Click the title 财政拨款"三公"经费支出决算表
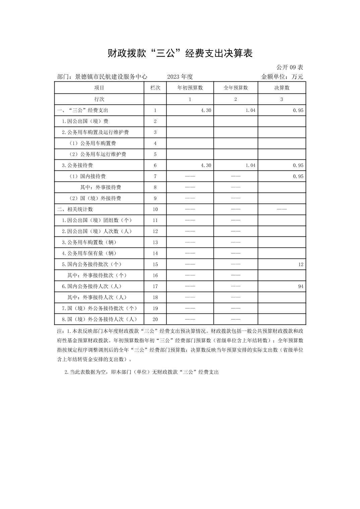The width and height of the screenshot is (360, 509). (180, 53)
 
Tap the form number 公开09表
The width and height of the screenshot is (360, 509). (290, 67)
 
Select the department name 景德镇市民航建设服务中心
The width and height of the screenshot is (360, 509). (111, 77)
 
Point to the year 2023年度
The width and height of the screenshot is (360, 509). (180, 77)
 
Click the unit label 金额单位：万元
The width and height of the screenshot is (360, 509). (282, 77)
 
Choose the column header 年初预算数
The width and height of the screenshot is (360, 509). (190, 88)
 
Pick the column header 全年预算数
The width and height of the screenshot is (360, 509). (236, 88)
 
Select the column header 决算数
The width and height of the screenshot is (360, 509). (282, 88)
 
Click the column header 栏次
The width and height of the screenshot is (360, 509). (155, 88)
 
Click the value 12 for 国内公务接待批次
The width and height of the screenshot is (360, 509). (300, 264)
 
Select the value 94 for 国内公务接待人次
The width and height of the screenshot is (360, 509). (300, 286)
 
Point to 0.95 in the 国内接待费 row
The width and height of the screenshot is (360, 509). (298, 176)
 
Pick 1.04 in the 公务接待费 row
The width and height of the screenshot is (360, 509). (250, 165)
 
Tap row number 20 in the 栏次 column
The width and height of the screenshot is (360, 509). (155, 319)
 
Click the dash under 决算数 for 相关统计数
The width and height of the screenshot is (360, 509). (282, 209)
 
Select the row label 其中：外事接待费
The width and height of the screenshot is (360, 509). (101, 187)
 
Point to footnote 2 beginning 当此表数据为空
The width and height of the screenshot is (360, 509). (141, 372)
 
